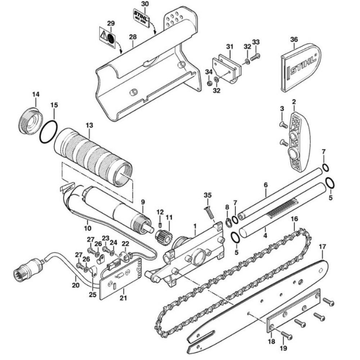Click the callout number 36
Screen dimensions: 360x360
294,40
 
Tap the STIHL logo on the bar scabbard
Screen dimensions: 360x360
303,64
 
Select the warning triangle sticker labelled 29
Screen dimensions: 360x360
107,37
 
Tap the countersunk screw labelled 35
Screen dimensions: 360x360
209,212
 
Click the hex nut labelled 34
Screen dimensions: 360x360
209,83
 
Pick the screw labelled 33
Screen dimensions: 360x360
255,57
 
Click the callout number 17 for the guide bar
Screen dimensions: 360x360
322,247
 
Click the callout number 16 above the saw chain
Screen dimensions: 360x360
294,219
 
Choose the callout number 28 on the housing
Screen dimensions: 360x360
133,37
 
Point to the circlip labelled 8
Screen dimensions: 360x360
228,222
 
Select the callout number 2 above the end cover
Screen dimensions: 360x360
294,102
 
